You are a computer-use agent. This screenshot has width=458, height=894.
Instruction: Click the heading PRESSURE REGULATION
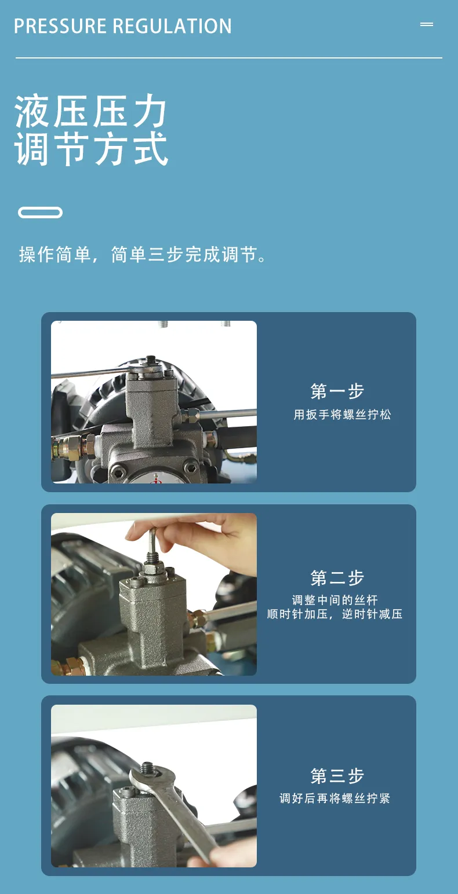pyautogui.click(x=123, y=26)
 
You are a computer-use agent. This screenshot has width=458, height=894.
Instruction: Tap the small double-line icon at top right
pyautogui.click(x=427, y=24)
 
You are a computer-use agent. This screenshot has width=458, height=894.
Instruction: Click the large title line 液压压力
pyautogui.click(x=90, y=111)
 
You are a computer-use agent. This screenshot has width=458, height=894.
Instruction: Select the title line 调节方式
pyautogui.click(x=90, y=148)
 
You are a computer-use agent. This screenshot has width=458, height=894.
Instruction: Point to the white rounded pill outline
pyautogui.click(x=41, y=212)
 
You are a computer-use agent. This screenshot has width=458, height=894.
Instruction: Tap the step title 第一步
pyautogui.click(x=337, y=391)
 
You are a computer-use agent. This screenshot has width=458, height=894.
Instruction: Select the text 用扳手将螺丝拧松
pyautogui.click(x=342, y=414)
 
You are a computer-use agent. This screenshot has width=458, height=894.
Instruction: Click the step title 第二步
pyautogui.click(x=337, y=577)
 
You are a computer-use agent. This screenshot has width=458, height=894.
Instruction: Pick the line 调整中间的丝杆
pyautogui.click(x=335, y=600)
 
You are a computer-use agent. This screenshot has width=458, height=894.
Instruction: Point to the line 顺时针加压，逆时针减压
pyautogui.click(x=335, y=614)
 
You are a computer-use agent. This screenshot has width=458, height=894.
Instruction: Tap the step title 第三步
pyautogui.click(x=337, y=775)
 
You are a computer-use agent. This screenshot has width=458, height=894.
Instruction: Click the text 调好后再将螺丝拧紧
pyautogui.click(x=335, y=798)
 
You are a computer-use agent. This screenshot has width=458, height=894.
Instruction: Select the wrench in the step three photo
pyautogui.click(x=176, y=810)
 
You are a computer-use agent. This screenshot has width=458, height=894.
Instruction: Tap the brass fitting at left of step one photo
pyautogui.click(x=72, y=448)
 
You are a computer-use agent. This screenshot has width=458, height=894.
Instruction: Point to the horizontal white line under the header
pyautogui.click(x=228, y=58)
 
